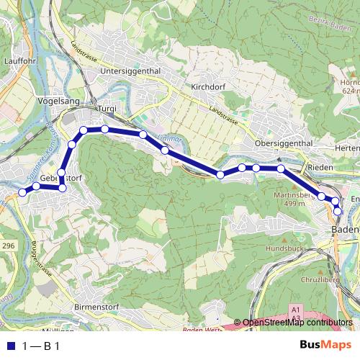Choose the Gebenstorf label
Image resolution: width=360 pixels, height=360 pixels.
tap(60, 179)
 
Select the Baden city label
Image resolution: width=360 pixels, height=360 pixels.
tap(345, 229)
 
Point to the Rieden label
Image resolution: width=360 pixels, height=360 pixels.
tap(320, 167)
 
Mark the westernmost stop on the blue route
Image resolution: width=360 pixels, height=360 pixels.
tap(22, 192)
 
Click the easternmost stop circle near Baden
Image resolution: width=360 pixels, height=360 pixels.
tap(338, 210)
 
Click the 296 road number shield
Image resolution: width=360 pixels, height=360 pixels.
tap(8, 246)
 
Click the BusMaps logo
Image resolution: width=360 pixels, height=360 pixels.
tap(321, 345)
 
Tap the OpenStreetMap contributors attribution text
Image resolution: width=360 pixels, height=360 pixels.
tap(297, 323)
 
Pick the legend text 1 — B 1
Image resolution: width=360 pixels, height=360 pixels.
tap(41, 346)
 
